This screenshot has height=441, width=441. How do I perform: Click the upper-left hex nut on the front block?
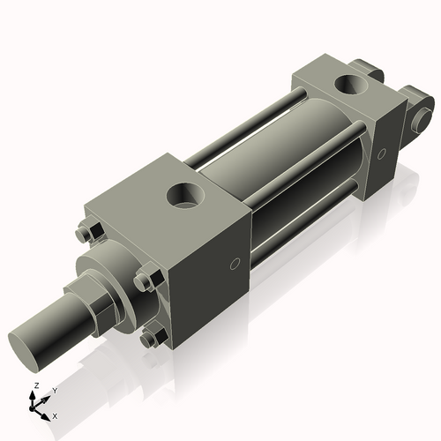[85, 235]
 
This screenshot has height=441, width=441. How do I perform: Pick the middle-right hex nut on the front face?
[144, 281]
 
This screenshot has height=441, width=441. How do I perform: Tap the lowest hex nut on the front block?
[151, 338]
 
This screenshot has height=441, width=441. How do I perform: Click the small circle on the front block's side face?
[235, 264]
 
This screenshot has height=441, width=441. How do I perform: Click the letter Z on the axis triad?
[35, 386]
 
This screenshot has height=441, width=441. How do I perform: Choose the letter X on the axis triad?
[56, 415]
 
